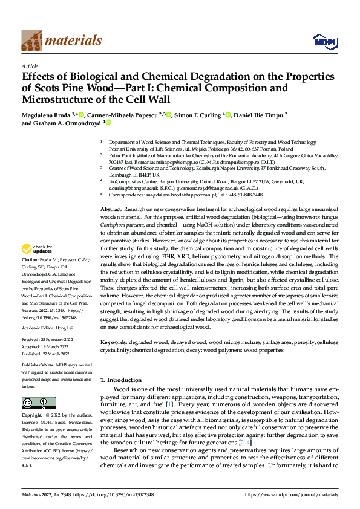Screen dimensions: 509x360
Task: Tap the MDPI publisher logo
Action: (321, 41)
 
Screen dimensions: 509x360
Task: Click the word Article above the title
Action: (30, 66)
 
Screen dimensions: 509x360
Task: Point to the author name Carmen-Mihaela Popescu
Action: (122, 115)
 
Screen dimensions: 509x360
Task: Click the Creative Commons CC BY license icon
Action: (38, 403)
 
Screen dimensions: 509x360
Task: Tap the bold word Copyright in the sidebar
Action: (33, 416)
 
